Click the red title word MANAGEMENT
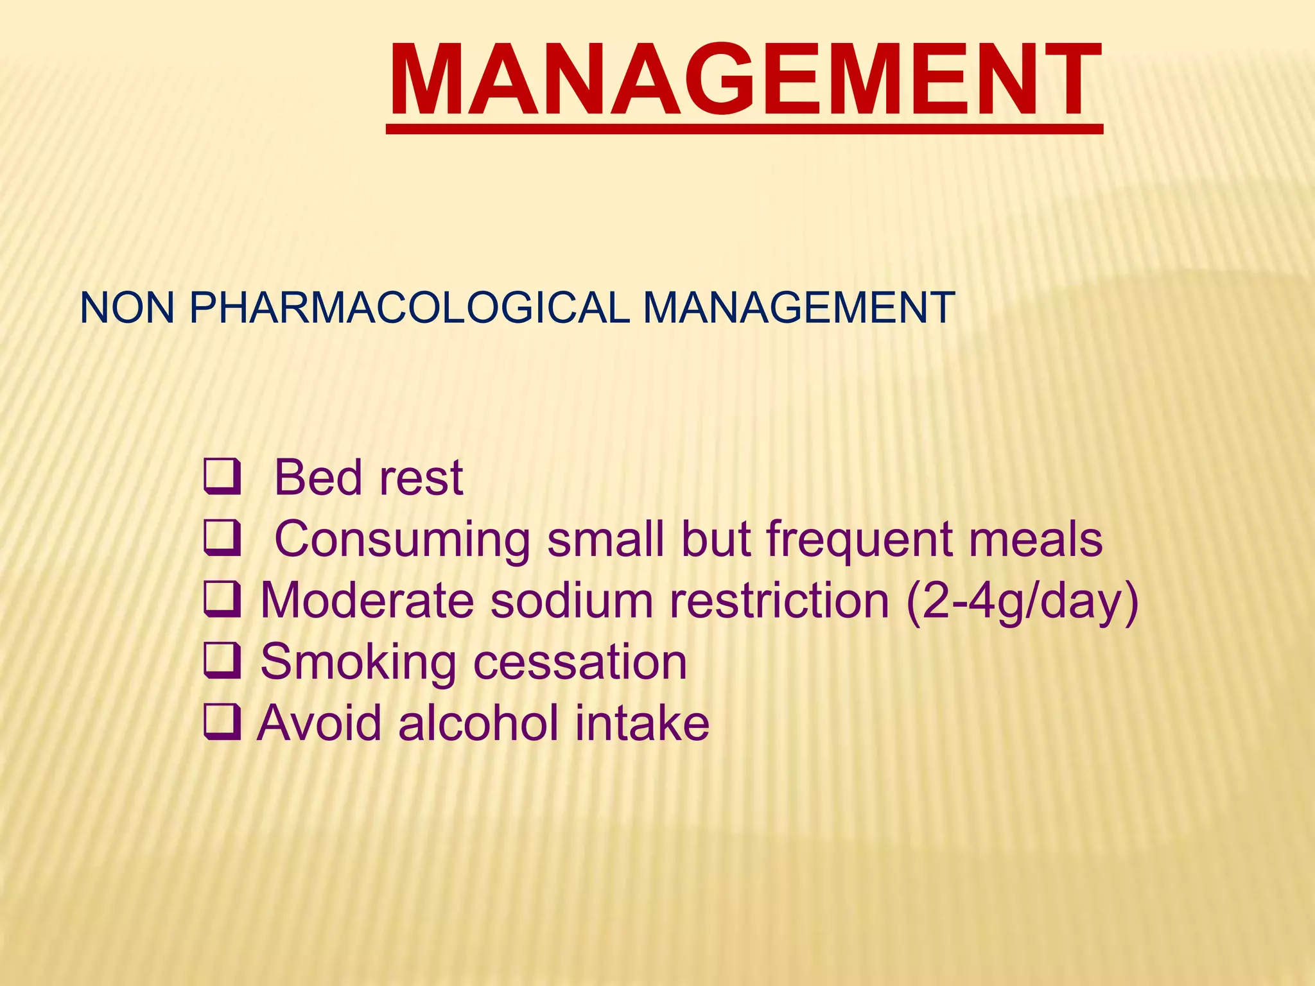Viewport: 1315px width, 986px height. pyautogui.click(x=745, y=80)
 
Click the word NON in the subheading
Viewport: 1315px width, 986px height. pyautogui.click(x=127, y=307)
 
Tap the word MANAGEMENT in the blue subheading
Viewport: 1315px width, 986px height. pyautogui.click(x=799, y=307)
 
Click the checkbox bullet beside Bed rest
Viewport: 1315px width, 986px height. pyautogui.click(x=222, y=478)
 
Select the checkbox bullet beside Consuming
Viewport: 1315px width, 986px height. pyautogui.click(x=222, y=540)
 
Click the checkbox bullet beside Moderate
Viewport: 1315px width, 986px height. pyautogui.click(x=222, y=601)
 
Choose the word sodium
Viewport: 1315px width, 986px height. pyautogui.click(x=571, y=601)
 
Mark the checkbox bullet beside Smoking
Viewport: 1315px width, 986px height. pyautogui.click(x=222, y=662)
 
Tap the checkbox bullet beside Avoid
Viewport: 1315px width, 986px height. pyautogui.click(x=222, y=723)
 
